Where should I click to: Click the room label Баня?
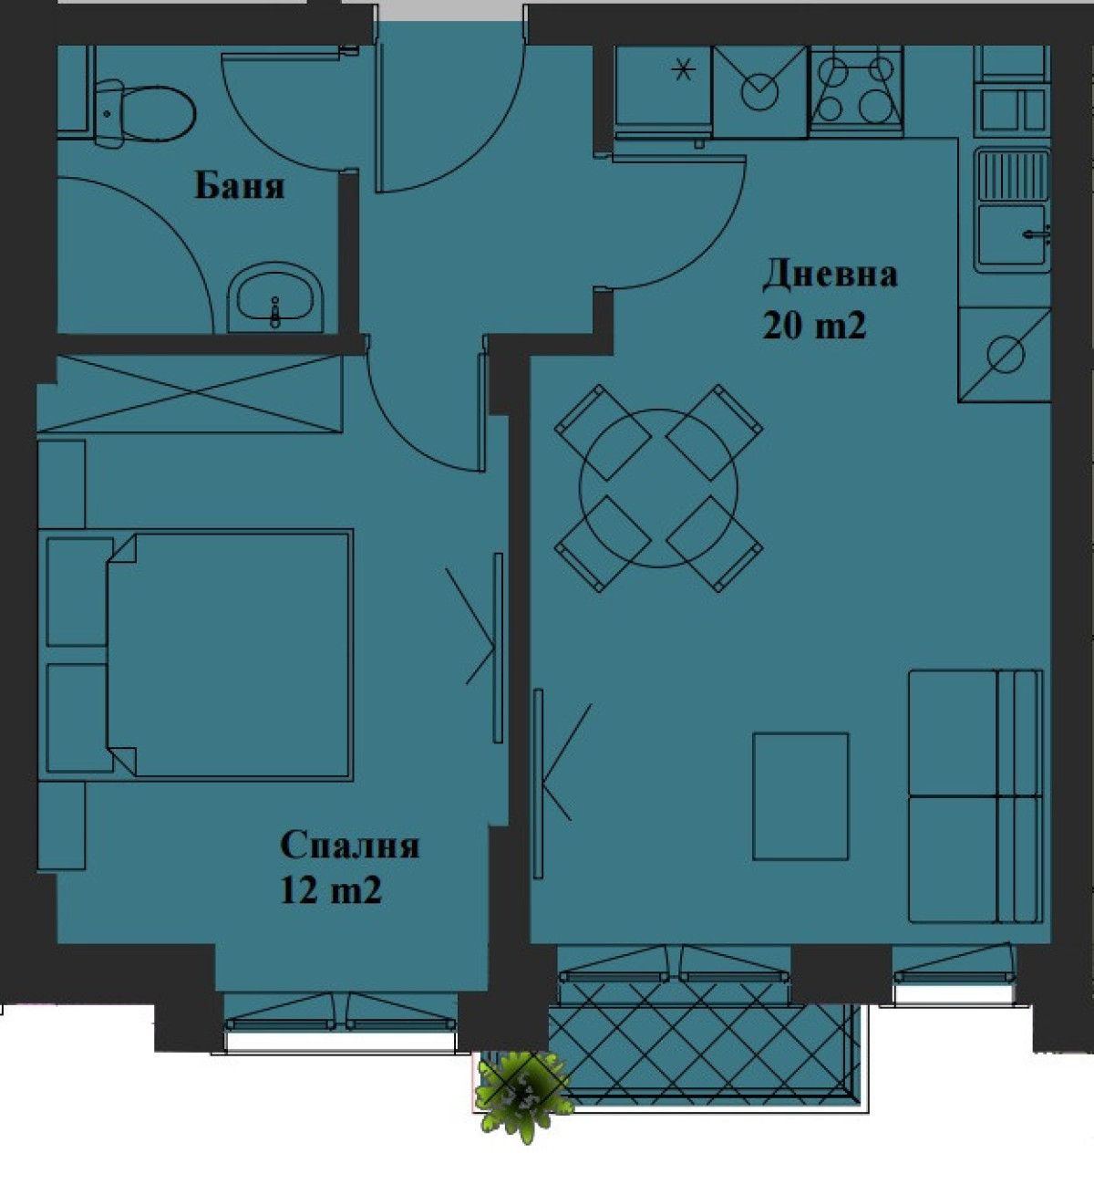239,186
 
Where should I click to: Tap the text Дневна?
830,275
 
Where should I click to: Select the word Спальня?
349,846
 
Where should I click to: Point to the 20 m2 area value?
813,326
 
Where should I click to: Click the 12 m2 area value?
330,890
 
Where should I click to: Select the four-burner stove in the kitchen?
855,89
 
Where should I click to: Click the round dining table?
658,487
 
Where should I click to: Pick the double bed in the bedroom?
228,655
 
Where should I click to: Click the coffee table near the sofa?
800,795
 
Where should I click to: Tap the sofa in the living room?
975,796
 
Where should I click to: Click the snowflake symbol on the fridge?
683,68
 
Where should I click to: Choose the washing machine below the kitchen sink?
1005,354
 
